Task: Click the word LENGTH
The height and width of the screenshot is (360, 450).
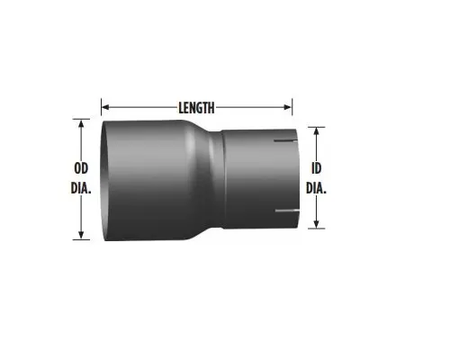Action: [x=196, y=107]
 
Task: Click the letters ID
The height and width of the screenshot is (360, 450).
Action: [x=316, y=167]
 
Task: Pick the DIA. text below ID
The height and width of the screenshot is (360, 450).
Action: [x=316, y=189]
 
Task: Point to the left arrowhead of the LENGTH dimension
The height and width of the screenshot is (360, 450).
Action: [x=104, y=107]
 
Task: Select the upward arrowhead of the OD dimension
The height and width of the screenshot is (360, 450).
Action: [x=83, y=124]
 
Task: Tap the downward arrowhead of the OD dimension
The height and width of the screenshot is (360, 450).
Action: [x=83, y=235]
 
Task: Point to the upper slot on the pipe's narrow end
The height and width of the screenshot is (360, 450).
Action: [x=287, y=143]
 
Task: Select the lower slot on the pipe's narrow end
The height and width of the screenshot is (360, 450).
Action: [x=287, y=212]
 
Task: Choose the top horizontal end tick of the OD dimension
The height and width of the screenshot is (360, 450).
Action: [x=83, y=120]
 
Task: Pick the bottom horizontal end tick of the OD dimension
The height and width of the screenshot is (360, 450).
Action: [x=83, y=239]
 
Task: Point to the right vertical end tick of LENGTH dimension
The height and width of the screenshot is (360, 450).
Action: [x=292, y=107]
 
